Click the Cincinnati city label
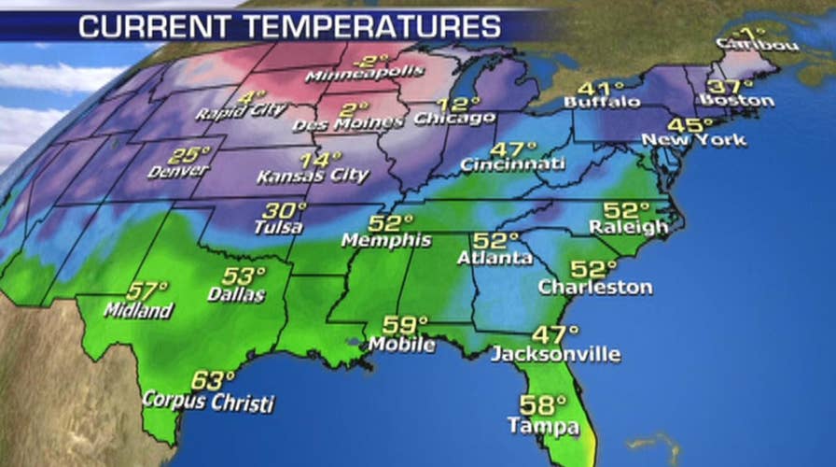pos(512,164)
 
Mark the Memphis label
pos(385,240)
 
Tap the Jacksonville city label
pos(555,354)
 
